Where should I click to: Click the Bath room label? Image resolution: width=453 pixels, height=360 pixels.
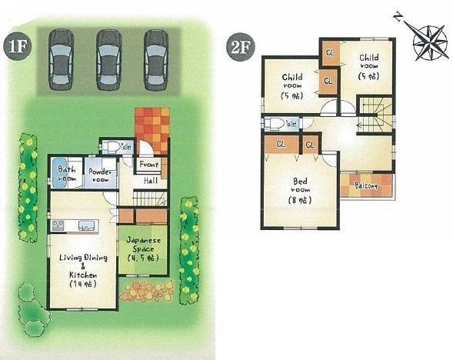67,172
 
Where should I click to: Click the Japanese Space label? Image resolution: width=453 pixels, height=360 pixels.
143,249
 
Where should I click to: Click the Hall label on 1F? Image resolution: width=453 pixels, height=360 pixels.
152,181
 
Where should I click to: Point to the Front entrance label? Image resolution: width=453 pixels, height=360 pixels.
148,163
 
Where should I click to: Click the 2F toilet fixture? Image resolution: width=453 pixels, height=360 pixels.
275,124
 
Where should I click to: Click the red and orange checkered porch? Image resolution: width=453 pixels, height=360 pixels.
152,129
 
